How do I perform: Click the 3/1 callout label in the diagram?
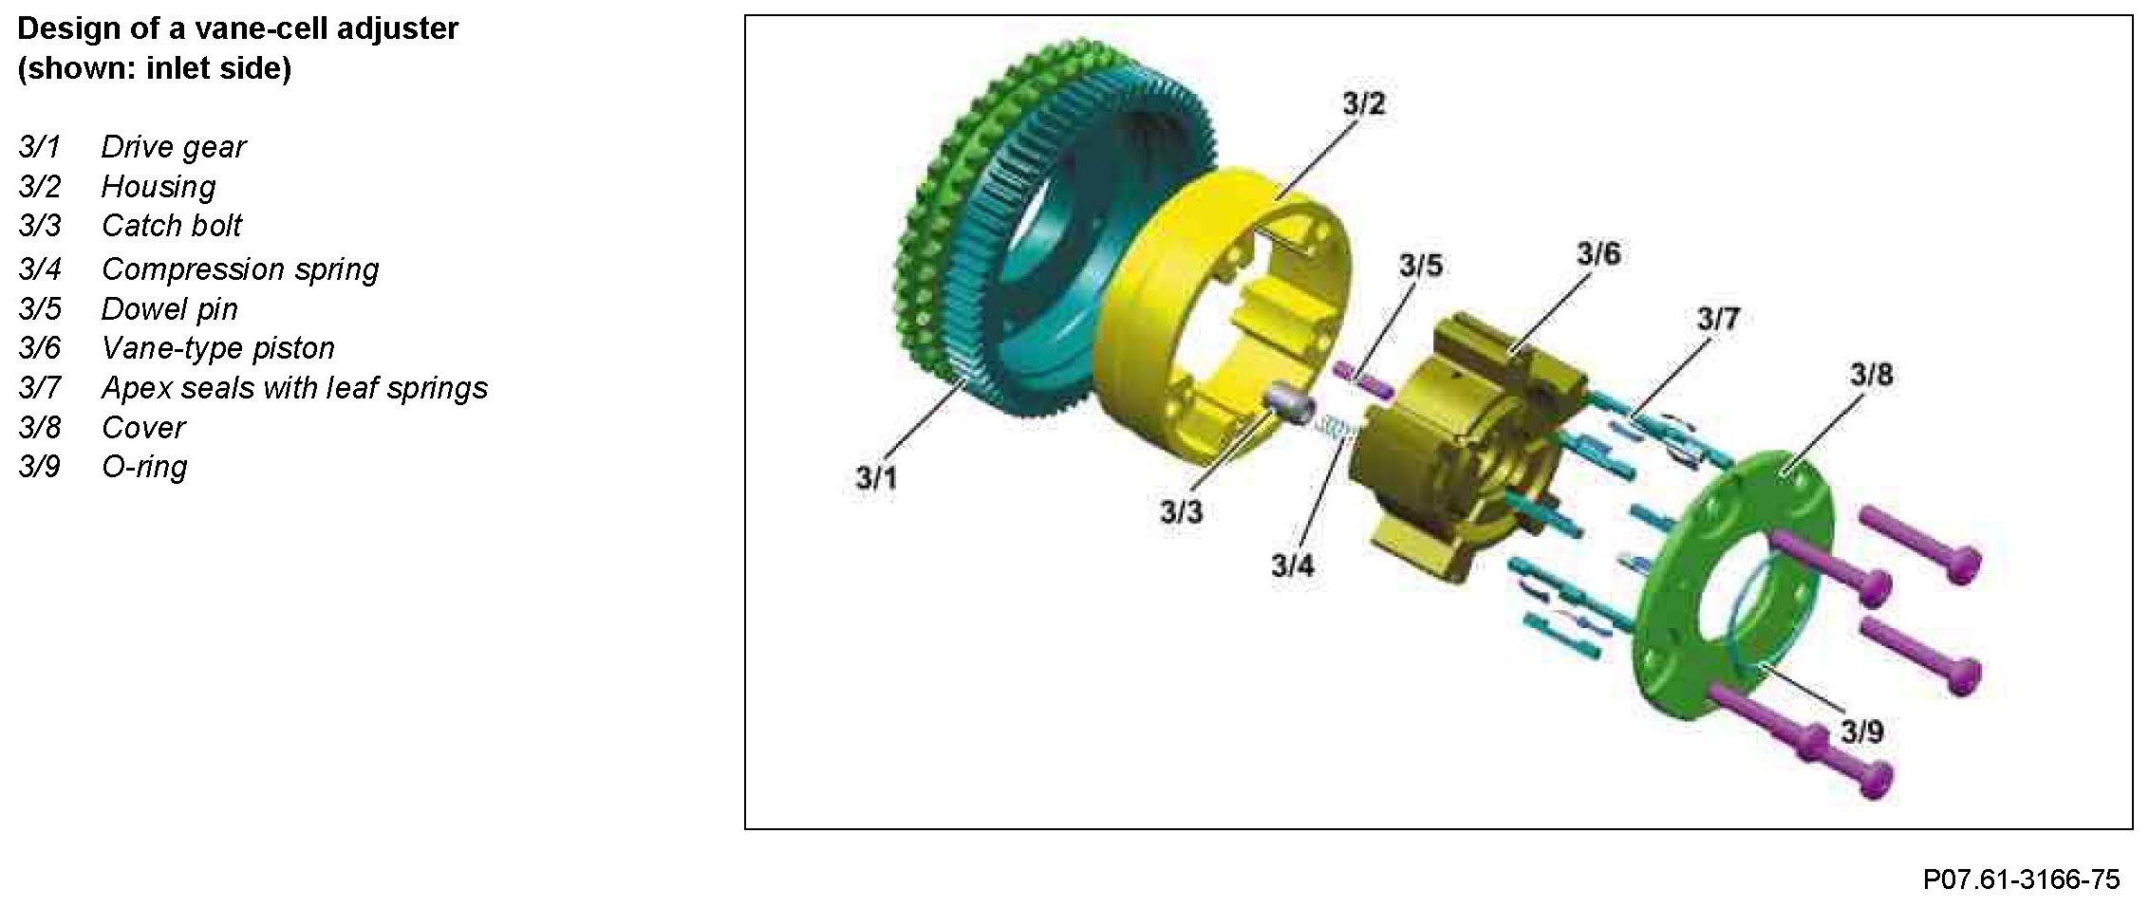tap(876, 478)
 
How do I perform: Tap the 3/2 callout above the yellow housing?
tap(1364, 104)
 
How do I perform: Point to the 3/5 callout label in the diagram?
tap(1421, 266)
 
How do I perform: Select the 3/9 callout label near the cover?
tap(1861, 731)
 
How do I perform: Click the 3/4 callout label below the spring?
tap(1293, 565)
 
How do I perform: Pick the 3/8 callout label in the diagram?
tap(1871, 375)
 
